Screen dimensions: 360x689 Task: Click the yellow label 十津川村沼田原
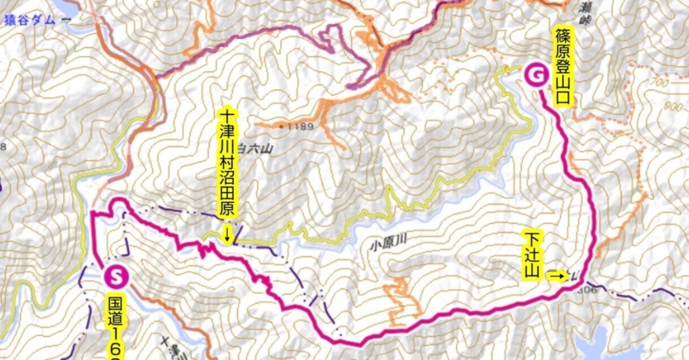pyautogui.click(x=227, y=164)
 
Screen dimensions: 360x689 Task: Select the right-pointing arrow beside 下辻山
pyautogui.click(x=558, y=277)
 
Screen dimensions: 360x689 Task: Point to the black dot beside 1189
pyautogui.click(x=283, y=126)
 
